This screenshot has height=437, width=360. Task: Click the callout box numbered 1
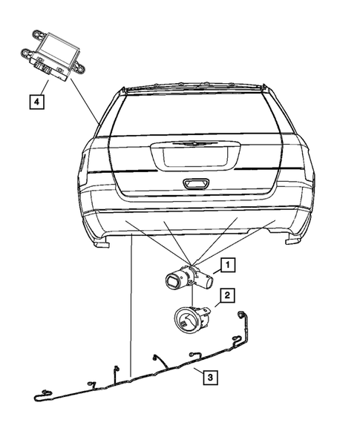coord(228,263)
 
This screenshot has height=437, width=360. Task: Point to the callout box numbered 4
coord(34,98)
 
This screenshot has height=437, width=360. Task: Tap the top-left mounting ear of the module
coord(36,34)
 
